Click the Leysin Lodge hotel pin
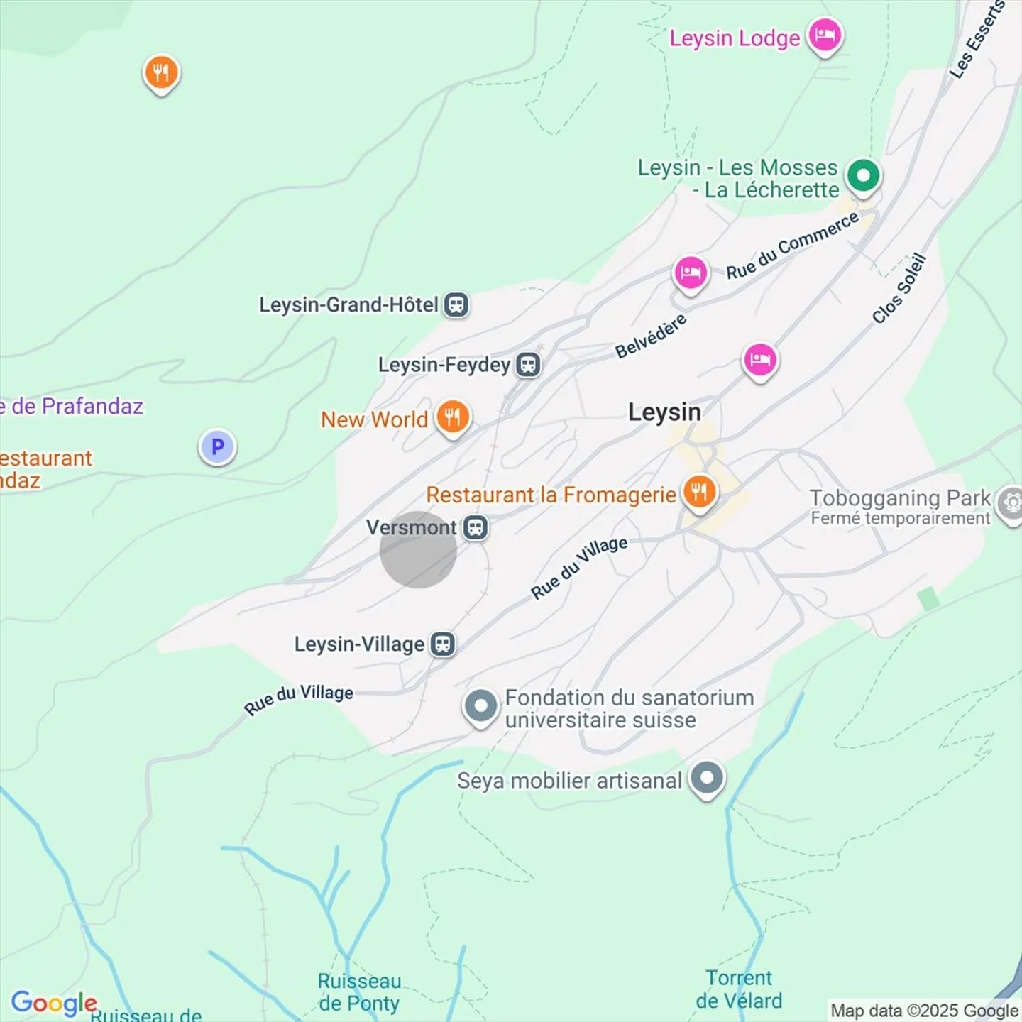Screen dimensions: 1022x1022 pyautogui.click(x=825, y=35)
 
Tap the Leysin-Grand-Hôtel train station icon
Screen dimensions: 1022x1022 pyautogui.click(x=456, y=305)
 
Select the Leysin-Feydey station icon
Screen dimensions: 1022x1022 pyautogui.click(x=528, y=365)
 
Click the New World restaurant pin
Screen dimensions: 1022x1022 pyautogui.click(x=452, y=417)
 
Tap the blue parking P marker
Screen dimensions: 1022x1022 pyautogui.click(x=217, y=447)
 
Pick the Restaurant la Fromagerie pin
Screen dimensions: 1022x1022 pyautogui.click(x=699, y=492)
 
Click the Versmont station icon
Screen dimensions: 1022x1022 pyautogui.click(x=476, y=528)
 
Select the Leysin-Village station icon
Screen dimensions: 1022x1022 pyautogui.click(x=444, y=644)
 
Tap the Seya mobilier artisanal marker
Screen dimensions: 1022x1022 pyautogui.click(x=707, y=779)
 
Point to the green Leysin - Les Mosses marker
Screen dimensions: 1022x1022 pyautogui.click(x=863, y=175)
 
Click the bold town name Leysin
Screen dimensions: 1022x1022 pyautogui.click(x=664, y=412)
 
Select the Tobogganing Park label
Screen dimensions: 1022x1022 pyautogui.click(x=900, y=498)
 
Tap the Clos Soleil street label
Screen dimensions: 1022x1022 pyautogui.click(x=899, y=289)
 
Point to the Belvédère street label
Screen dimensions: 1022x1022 pyautogui.click(x=651, y=336)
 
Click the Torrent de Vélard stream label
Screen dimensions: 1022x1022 pyautogui.click(x=739, y=989)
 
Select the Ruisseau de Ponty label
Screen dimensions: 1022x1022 pyautogui.click(x=359, y=991)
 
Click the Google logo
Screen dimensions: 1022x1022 pyautogui.click(x=54, y=1003)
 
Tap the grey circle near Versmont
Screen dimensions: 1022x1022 pyautogui.click(x=418, y=550)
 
